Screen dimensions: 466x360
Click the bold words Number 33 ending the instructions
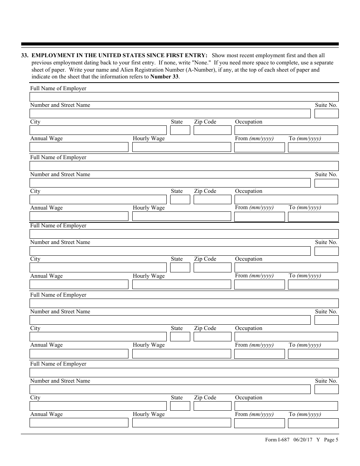pos(164,77)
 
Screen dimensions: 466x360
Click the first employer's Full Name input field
pos(184,97)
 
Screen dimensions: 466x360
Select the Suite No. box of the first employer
pos(326,113)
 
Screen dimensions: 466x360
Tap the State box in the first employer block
pos(180,130)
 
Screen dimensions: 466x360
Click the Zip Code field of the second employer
pos(212,200)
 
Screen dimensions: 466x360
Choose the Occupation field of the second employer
pos(286,200)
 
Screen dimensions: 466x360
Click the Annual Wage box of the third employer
pos(79,285)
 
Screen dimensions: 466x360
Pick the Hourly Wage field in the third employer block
pos(181,285)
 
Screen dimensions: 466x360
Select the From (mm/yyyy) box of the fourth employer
pos(259,354)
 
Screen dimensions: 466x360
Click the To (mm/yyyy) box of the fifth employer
pos(313,423)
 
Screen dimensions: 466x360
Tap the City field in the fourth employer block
pos(98,336)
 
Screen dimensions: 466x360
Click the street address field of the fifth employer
pos(170,389)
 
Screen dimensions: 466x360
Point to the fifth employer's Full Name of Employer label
pos(58,364)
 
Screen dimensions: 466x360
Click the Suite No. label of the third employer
pos(326,242)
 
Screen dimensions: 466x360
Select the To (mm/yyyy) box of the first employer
pos(313,147)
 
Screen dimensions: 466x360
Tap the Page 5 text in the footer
pos(331,440)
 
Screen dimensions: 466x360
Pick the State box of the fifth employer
pos(180,406)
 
